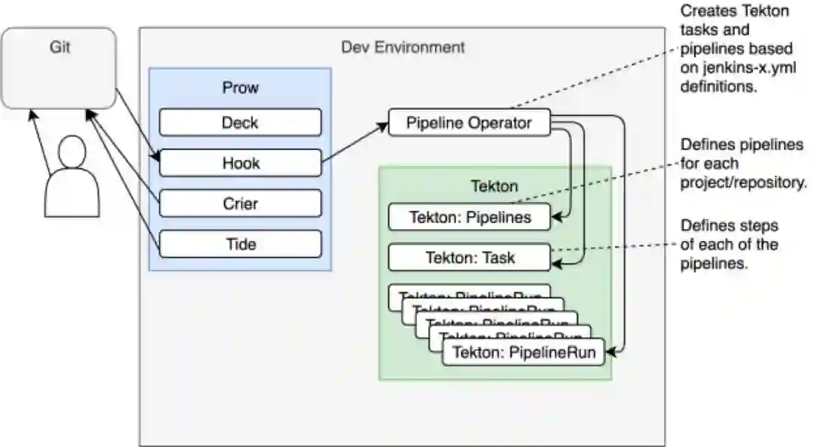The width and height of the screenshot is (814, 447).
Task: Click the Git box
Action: (59, 68)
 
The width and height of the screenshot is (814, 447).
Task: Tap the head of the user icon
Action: (72, 153)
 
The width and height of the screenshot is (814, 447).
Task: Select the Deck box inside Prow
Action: (240, 122)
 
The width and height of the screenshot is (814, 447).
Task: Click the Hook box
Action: (240, 163)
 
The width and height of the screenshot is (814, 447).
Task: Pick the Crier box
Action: (240, 204)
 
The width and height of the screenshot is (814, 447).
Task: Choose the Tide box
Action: (240, 244)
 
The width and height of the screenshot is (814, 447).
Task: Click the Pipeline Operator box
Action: (469, 123)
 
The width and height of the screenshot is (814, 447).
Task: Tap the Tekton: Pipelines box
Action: (470, 218)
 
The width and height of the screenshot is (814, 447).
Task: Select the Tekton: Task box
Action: (470, 257)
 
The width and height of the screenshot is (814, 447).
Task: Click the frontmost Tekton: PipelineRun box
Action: (523, 352)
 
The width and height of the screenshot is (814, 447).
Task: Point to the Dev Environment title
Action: (402, 47)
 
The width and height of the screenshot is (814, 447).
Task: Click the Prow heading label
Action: (240, 87)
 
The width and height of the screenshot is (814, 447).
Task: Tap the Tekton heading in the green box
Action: (494, 185)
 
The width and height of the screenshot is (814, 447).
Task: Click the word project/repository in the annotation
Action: (743, 183)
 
